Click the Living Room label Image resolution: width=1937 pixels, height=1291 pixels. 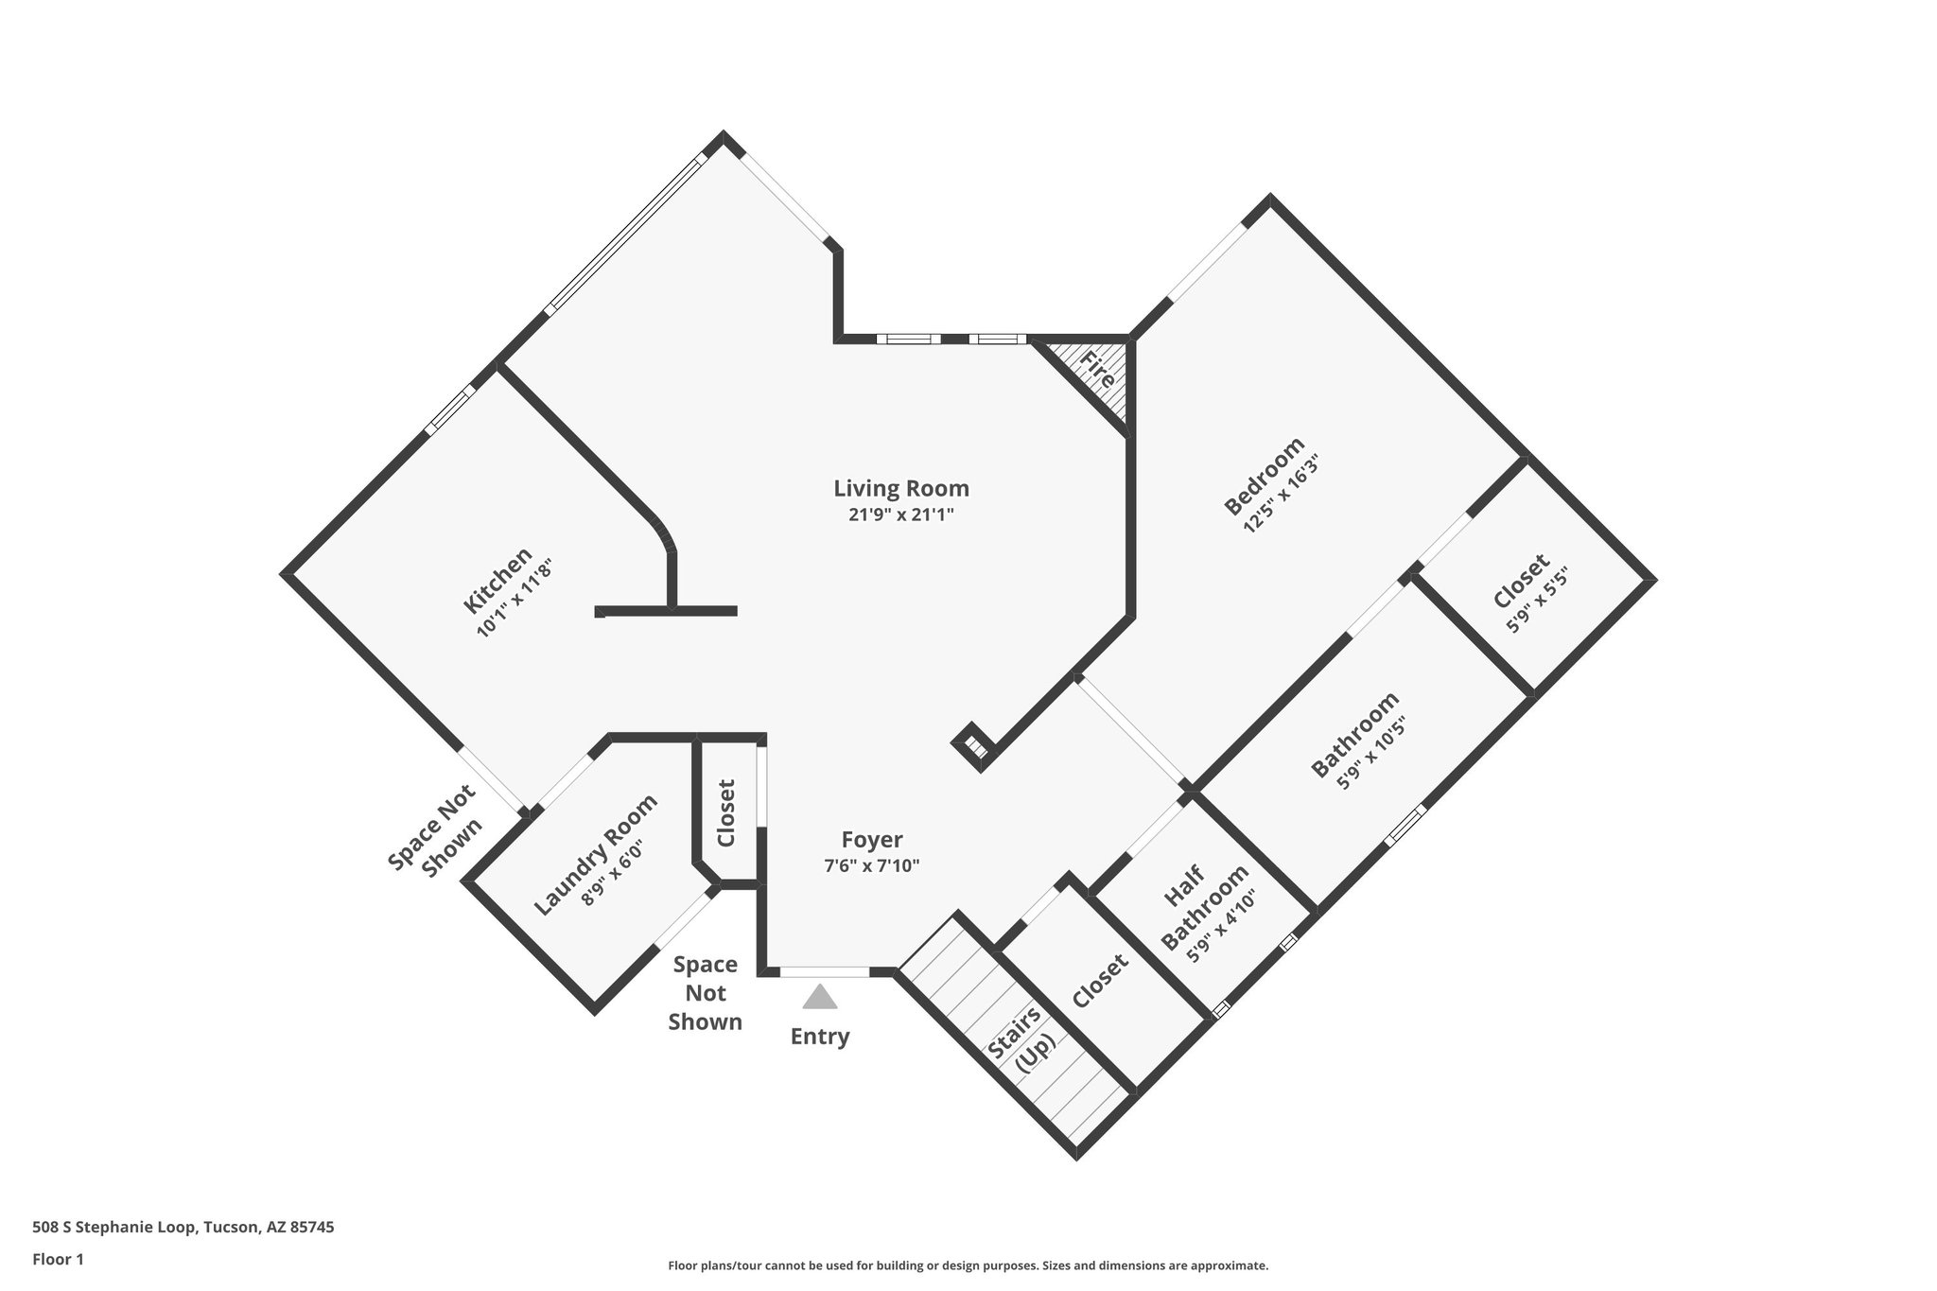[x=900, y=489]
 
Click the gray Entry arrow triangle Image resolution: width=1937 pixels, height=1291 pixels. [x=819, y=998]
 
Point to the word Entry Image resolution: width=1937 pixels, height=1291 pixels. [x=820, y=1037]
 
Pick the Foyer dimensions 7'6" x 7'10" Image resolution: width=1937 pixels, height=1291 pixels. [x=871, y=865]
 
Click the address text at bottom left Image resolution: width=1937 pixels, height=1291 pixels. [x=183, y=1228]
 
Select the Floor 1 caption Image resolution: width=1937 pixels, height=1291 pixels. [x=58, y=1259]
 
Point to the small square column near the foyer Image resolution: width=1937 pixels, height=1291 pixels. [x=973, y=743]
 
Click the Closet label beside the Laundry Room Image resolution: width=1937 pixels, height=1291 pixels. [x=726, y=812]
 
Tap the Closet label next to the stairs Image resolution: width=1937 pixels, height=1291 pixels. [x=1100, y=981]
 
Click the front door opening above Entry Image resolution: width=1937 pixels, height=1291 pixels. [x=824, y=971]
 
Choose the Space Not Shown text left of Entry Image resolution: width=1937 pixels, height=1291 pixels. [x=706, y=993]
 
